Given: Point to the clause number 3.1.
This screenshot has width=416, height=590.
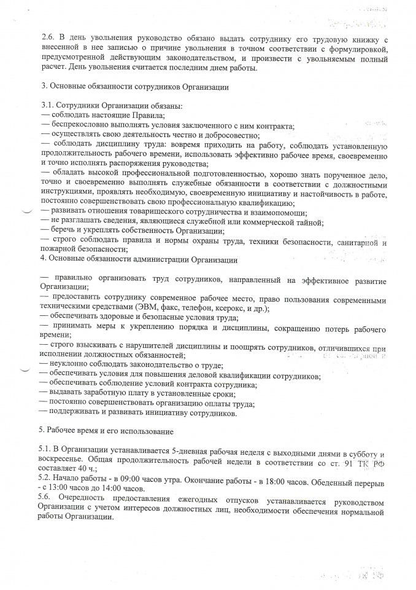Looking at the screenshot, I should (45, 106).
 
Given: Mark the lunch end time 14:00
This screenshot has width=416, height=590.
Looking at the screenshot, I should (109, 491).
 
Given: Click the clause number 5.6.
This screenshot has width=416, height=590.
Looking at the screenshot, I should (45, 501).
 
